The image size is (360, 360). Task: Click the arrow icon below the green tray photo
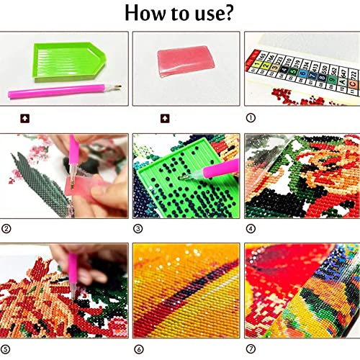tap(24, 118)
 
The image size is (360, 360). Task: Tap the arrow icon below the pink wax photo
tap(164, 118)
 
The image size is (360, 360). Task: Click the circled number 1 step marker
tap(251, 118)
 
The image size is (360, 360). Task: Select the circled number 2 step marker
tap(6, 230)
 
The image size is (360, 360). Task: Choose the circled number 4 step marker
tap(251, 230)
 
